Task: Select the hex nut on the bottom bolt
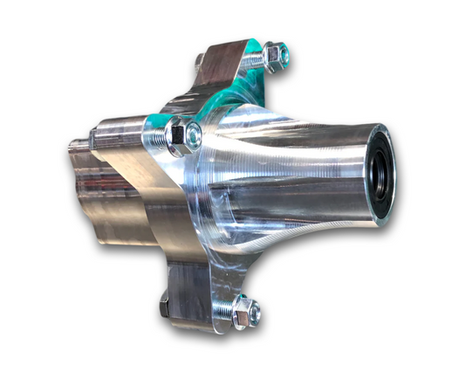coord(245,311)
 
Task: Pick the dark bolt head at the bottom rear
coord(165,308)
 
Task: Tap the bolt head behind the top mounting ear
coord(200,60)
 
